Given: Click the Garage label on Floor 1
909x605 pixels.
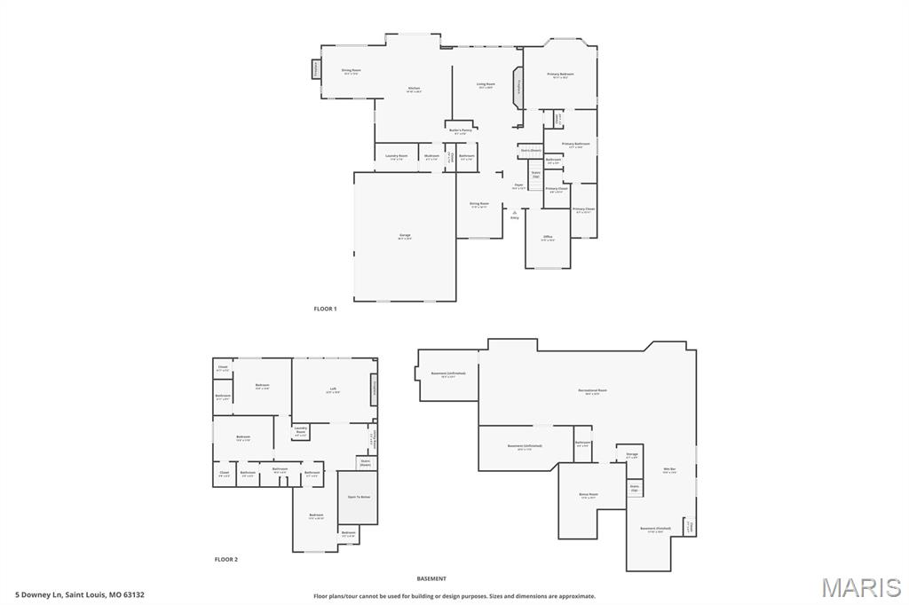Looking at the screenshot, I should click(405, 236).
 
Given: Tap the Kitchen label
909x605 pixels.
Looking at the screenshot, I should click(414, 89).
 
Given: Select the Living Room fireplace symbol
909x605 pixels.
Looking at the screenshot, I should click(517, 87).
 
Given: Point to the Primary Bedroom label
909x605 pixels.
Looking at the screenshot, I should click(560, 75).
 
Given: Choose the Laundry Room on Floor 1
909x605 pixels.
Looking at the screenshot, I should click(397, 156).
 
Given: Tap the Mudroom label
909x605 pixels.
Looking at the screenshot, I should click(431, 156).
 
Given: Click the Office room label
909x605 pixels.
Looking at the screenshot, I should click(548, 238).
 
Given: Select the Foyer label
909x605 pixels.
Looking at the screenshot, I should click(518, 186).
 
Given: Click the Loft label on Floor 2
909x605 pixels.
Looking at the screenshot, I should click(333, 389).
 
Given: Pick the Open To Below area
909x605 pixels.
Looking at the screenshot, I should click(359, 498).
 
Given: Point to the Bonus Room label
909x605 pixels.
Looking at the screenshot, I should click(588, 495).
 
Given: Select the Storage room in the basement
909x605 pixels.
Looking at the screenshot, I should click(631, 455).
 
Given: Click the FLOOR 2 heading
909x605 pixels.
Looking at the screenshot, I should click(226, 560).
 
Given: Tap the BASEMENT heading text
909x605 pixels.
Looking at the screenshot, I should click(431, 578).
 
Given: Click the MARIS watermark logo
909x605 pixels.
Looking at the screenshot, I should click(861, 587).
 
